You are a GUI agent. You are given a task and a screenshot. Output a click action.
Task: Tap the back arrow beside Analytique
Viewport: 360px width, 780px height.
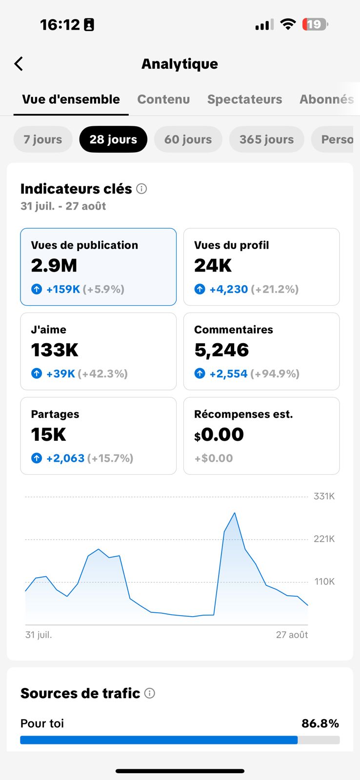19,64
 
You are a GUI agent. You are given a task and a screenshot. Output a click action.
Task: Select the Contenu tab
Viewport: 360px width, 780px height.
163,99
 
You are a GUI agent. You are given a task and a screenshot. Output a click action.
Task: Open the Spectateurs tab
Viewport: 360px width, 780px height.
244,99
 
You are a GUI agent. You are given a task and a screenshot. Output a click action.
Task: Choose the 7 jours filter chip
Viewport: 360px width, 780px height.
43,139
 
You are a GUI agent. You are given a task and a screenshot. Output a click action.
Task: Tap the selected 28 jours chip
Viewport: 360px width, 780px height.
113,139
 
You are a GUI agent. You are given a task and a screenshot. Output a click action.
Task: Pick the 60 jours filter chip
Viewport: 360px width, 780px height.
188,139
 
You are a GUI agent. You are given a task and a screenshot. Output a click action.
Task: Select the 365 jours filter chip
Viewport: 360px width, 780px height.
266,139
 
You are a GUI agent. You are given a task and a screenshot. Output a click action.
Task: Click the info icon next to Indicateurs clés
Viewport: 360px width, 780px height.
141,189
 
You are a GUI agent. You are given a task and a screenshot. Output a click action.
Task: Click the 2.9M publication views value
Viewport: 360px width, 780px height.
54,266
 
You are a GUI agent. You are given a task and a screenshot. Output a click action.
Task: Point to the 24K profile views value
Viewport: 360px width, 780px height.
213,266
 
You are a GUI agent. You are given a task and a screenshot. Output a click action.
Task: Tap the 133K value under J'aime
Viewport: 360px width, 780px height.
55,350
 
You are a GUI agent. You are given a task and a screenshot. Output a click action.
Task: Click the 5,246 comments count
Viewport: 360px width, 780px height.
221,350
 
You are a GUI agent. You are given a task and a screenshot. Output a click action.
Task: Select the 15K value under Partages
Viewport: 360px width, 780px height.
49,434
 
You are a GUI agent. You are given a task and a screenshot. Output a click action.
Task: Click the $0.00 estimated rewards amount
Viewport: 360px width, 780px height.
219,434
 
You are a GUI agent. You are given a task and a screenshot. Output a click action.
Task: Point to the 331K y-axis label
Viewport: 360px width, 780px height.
324,496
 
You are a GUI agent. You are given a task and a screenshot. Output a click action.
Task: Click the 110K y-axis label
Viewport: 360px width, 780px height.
324,582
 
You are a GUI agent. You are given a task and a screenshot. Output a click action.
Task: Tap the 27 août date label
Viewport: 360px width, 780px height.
292,635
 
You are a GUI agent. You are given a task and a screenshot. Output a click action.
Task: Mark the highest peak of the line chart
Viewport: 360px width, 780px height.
235,513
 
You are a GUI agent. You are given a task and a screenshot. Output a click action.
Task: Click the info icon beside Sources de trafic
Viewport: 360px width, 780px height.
150,693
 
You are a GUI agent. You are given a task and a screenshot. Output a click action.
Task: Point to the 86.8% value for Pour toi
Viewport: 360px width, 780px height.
320,723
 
